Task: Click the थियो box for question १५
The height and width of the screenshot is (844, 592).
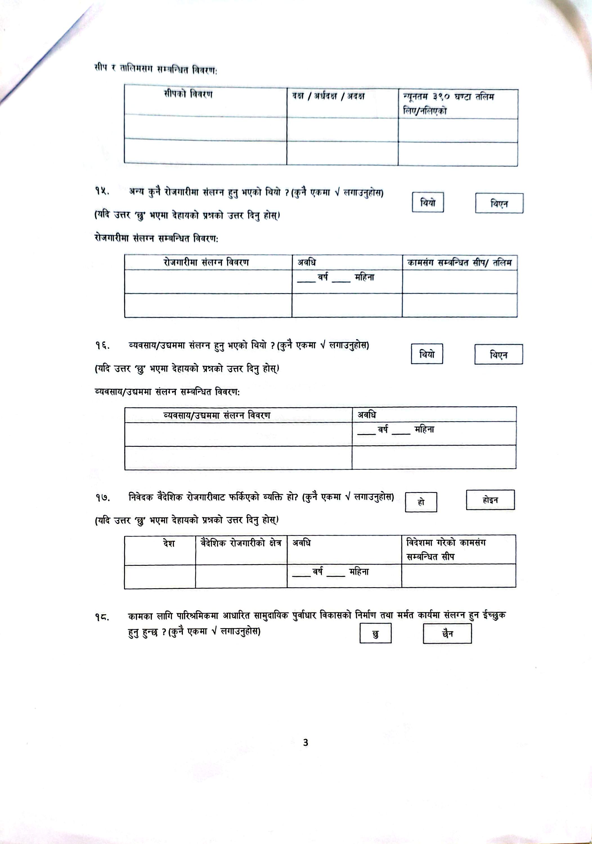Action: pos(427,202)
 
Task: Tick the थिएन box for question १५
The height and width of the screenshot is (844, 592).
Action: pos(499,203)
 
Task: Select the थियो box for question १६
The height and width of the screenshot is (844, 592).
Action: pos(427,354)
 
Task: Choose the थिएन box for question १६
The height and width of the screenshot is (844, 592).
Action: pos(498,355)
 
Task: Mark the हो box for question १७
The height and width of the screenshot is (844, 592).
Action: pos(421,502)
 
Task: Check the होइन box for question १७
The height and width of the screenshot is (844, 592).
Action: pos(490,500)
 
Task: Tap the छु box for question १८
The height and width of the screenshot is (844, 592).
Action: pos(375,634)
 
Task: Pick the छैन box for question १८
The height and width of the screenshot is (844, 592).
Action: pos(447,634)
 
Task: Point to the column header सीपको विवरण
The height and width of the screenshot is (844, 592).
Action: pos(188,95)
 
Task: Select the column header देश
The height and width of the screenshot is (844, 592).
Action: pos(169,543)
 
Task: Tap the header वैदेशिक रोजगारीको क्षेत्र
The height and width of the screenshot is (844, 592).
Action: pos(241,543)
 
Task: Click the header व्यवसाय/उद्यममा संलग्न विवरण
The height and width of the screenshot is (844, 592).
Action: pos(217,415)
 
